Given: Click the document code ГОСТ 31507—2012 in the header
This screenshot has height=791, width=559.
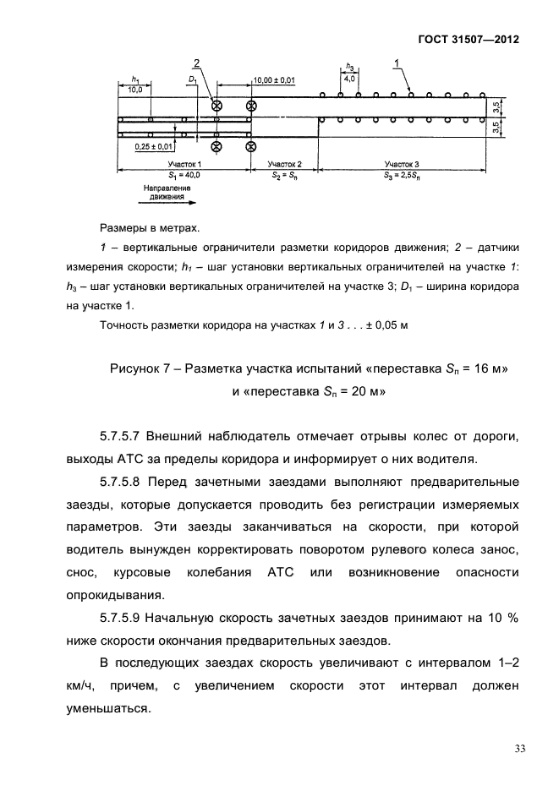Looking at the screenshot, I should [x=468, y=40].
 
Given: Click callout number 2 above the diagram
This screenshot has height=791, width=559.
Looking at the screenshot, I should [x=196, y=64].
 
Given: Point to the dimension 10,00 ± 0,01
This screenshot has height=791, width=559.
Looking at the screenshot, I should [x=274, y=79].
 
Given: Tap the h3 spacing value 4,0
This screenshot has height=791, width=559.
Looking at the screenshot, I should [x=348, y=79].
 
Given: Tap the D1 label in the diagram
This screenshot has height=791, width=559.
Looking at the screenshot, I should [x=193, y=80].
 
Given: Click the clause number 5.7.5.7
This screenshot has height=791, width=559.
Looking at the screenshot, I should [x=120, y=437].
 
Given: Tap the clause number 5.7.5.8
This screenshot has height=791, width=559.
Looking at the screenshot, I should [x=120, y=483].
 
